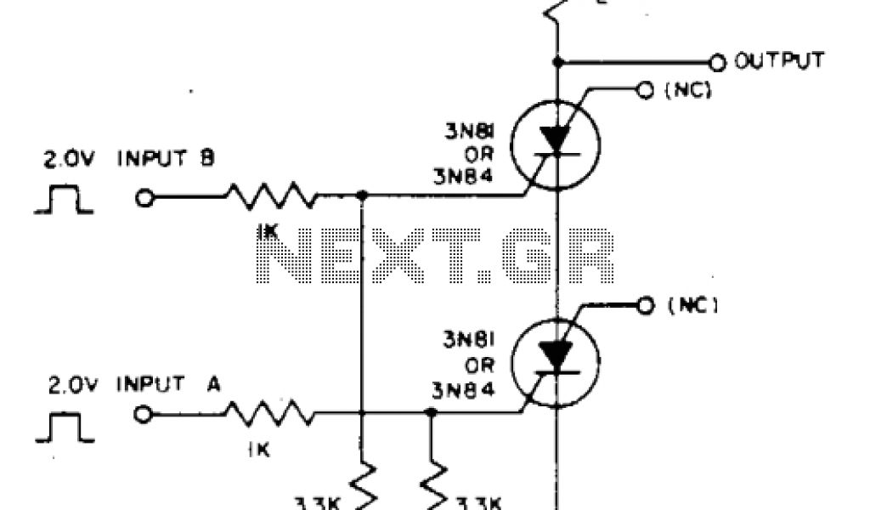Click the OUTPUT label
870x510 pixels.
pyautogui.click(x=779, y=61)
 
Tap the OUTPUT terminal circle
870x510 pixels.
pyautogui.click(x=718, y=62)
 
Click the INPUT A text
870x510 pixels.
pyautogui.click(x=168, y=384)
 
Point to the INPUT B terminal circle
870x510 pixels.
pyautogui.click(x=144, y=198)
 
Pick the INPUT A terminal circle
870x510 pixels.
pyautogui.click(x=144, y=415)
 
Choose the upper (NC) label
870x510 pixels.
pyautogui.click(x=685, y=89)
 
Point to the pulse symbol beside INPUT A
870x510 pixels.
pyautogui.click(x=65, y=428)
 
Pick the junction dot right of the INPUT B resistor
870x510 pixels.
pyautogui.click(x=362, y=195)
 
